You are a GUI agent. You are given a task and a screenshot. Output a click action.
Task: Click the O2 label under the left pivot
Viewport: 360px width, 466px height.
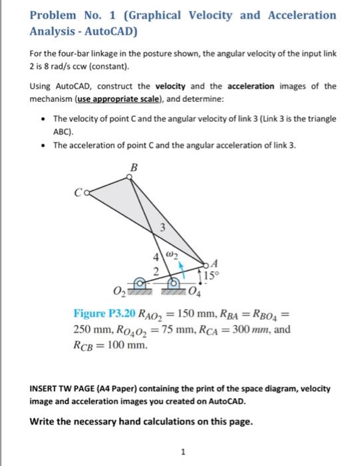tap(119, 292)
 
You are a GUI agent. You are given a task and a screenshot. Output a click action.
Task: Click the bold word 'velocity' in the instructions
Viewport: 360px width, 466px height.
tap(176, 87)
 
